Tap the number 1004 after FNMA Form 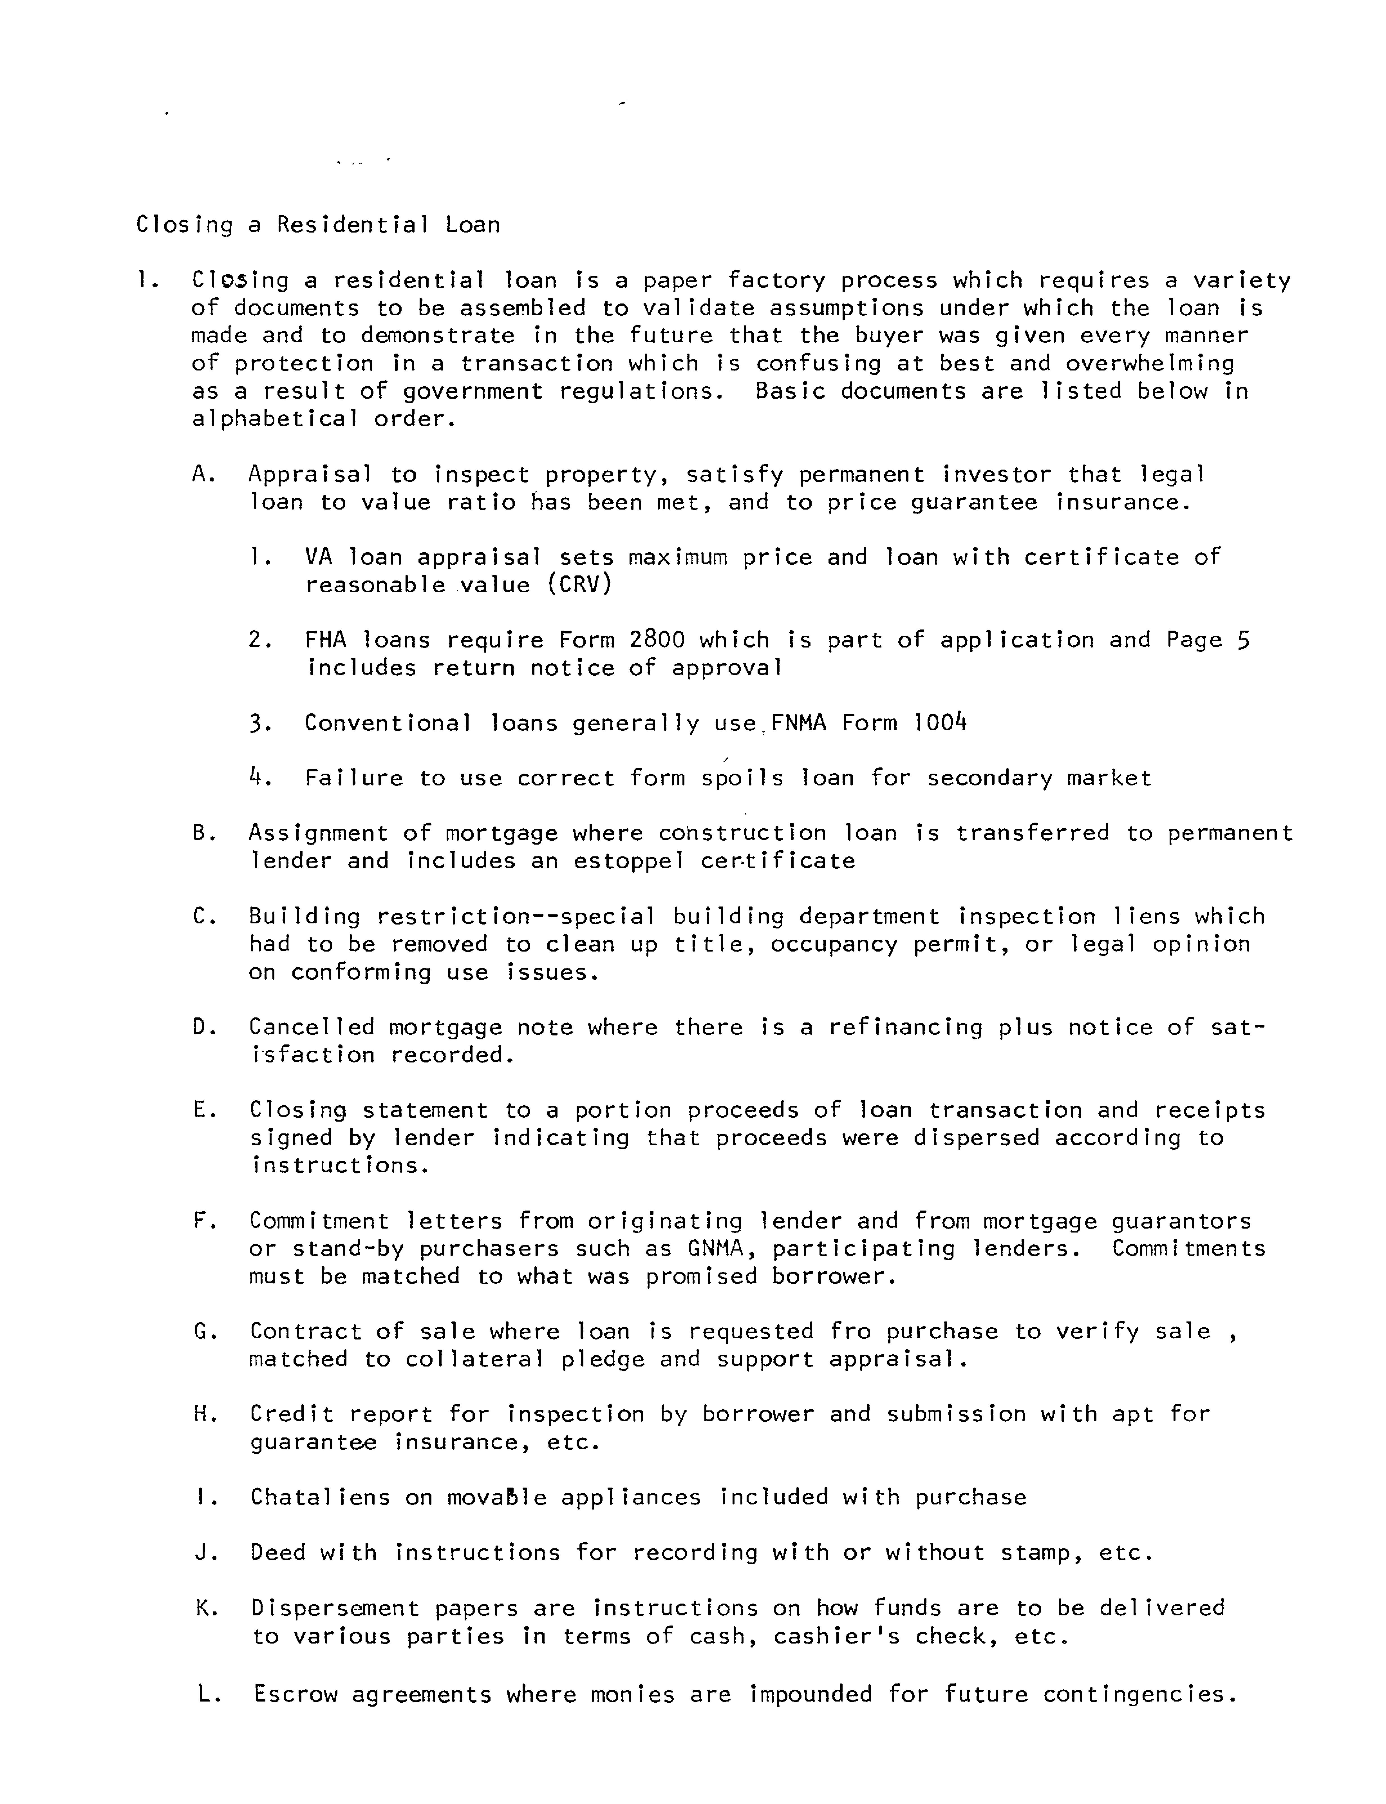(x=941, y=723)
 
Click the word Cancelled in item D (x=312, y=1028)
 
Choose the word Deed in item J (x=277, y=1552)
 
